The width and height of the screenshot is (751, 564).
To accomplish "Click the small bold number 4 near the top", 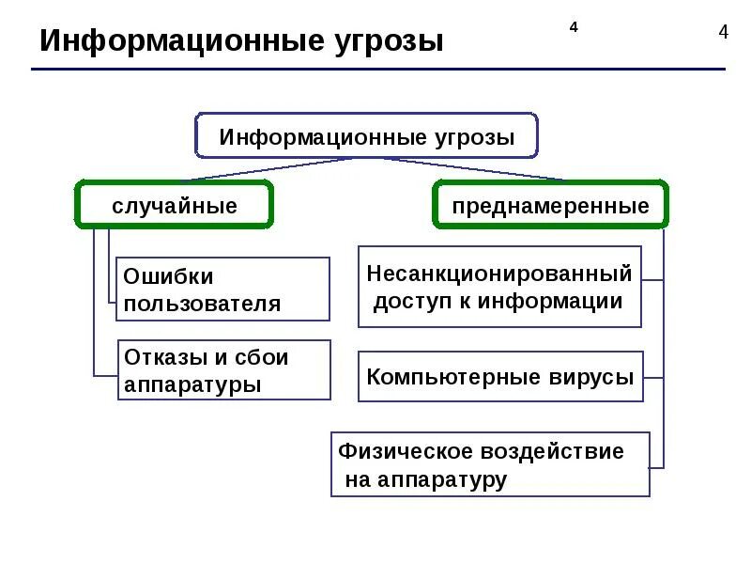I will tap(573, 26).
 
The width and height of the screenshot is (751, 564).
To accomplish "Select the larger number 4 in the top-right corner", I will tap(723, 32).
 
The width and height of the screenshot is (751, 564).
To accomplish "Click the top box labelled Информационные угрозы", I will tap(367, 137).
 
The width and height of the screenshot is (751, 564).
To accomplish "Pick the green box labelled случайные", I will tap(175, 206).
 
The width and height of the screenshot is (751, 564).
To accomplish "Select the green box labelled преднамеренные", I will tap(550, 206).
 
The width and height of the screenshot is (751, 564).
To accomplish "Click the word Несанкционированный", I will tap(499, 274).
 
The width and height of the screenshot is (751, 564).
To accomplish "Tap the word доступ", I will tap(410, 302).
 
